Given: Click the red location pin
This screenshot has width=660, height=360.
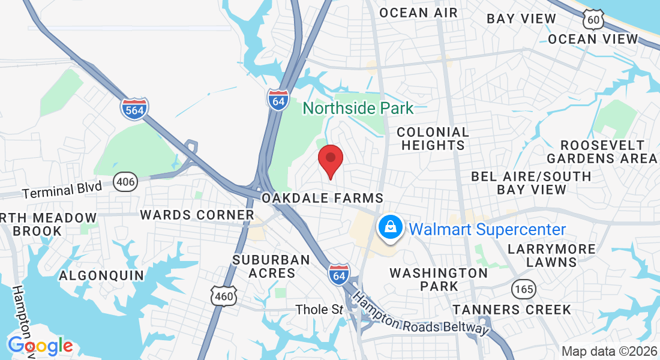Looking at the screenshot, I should click(x=330, y=160).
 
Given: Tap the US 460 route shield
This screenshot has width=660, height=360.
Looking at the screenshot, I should click(x=224, y=295).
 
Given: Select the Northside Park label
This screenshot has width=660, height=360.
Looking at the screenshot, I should click(x=358, y=108).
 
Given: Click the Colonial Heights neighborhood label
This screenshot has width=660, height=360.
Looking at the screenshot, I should click(x=433, y=138).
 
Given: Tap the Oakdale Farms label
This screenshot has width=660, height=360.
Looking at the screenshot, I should click(x=322, y=198).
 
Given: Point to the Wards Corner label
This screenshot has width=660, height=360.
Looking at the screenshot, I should click(x=197, y=214).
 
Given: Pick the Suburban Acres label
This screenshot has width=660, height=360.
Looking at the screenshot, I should click(x=271, y=266).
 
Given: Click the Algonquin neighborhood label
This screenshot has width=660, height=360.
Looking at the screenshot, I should click(x=101, y=275).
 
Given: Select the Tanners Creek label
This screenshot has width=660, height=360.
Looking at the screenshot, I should click(x=512, y=310).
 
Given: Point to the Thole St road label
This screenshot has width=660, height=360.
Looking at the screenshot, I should click(x=319, y=310).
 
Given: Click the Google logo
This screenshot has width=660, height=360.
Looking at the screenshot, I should click(x=40, y=346).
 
